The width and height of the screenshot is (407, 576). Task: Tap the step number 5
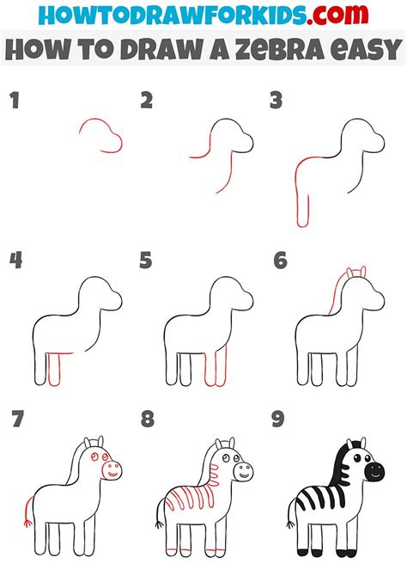146,260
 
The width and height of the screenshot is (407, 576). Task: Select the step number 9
277,420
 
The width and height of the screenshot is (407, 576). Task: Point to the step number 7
15,420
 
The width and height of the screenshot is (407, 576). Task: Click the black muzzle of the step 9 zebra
375,472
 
